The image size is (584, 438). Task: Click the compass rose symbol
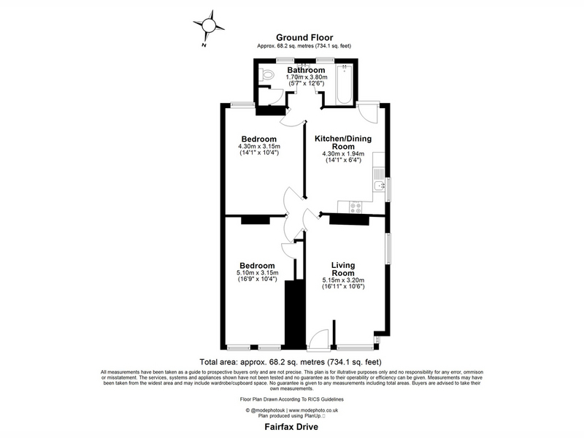pos(209,26)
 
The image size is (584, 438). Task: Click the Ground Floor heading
pos(304,37)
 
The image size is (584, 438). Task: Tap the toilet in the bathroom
pos(266,75)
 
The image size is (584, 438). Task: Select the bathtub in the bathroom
pos(344,85)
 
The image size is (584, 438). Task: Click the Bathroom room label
pos(306,70)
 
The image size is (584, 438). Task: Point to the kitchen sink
pos(379,185)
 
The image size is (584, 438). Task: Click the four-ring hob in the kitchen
pos(355,207)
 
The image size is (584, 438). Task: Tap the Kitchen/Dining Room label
pos(343,142)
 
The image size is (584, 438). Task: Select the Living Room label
pos(343,269)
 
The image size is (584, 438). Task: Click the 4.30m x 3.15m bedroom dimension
pos(259,147)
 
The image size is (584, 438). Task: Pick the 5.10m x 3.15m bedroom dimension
pos(258,272)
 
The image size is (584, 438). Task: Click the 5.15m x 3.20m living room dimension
pos(343,280)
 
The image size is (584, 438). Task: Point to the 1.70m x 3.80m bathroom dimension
pos(307,77)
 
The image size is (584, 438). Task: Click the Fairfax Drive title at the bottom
pos(291,426)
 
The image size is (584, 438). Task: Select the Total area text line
pos(291,361)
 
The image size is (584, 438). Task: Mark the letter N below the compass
pos(204,45)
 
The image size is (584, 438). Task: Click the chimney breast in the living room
pos(349,220)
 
